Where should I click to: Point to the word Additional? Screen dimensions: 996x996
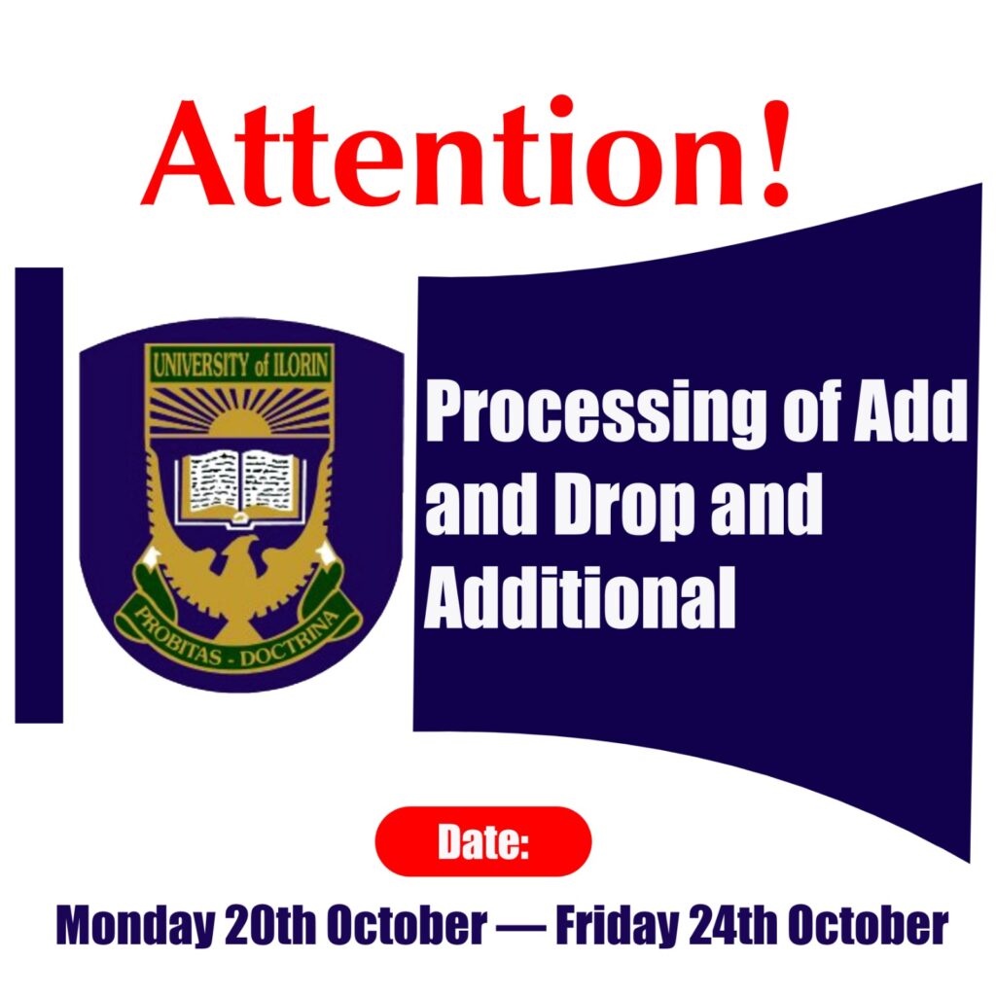(580, 596)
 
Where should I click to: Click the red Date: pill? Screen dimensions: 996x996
(483, 841)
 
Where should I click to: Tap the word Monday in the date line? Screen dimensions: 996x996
(135, 927)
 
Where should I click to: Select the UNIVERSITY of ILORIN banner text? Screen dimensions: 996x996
(239, 365)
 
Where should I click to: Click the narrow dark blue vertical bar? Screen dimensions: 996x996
(39, 495)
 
